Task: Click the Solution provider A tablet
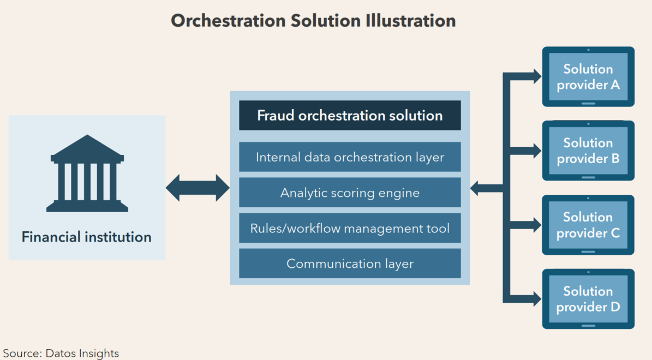pos(588,77)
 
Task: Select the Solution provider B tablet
pos(588,151)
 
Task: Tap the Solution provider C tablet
pos(588,225)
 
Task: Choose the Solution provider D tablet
pos(588,299)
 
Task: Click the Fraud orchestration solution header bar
pos(350,116)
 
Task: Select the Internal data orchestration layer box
pos(350,157)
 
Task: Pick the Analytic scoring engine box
pos(350,193)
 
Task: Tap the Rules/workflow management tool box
pos(350,228)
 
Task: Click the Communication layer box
pos(350,263)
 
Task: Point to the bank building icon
pos(87,173)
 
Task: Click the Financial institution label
pos(87,237)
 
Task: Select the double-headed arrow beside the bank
pos(198,188)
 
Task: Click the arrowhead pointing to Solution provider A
pos(534,77)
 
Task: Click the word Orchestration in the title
pos(228,21)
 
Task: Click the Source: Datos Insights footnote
pos(61,353)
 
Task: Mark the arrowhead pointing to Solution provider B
pos(534,151)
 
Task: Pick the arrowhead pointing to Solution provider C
pos(534,225)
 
